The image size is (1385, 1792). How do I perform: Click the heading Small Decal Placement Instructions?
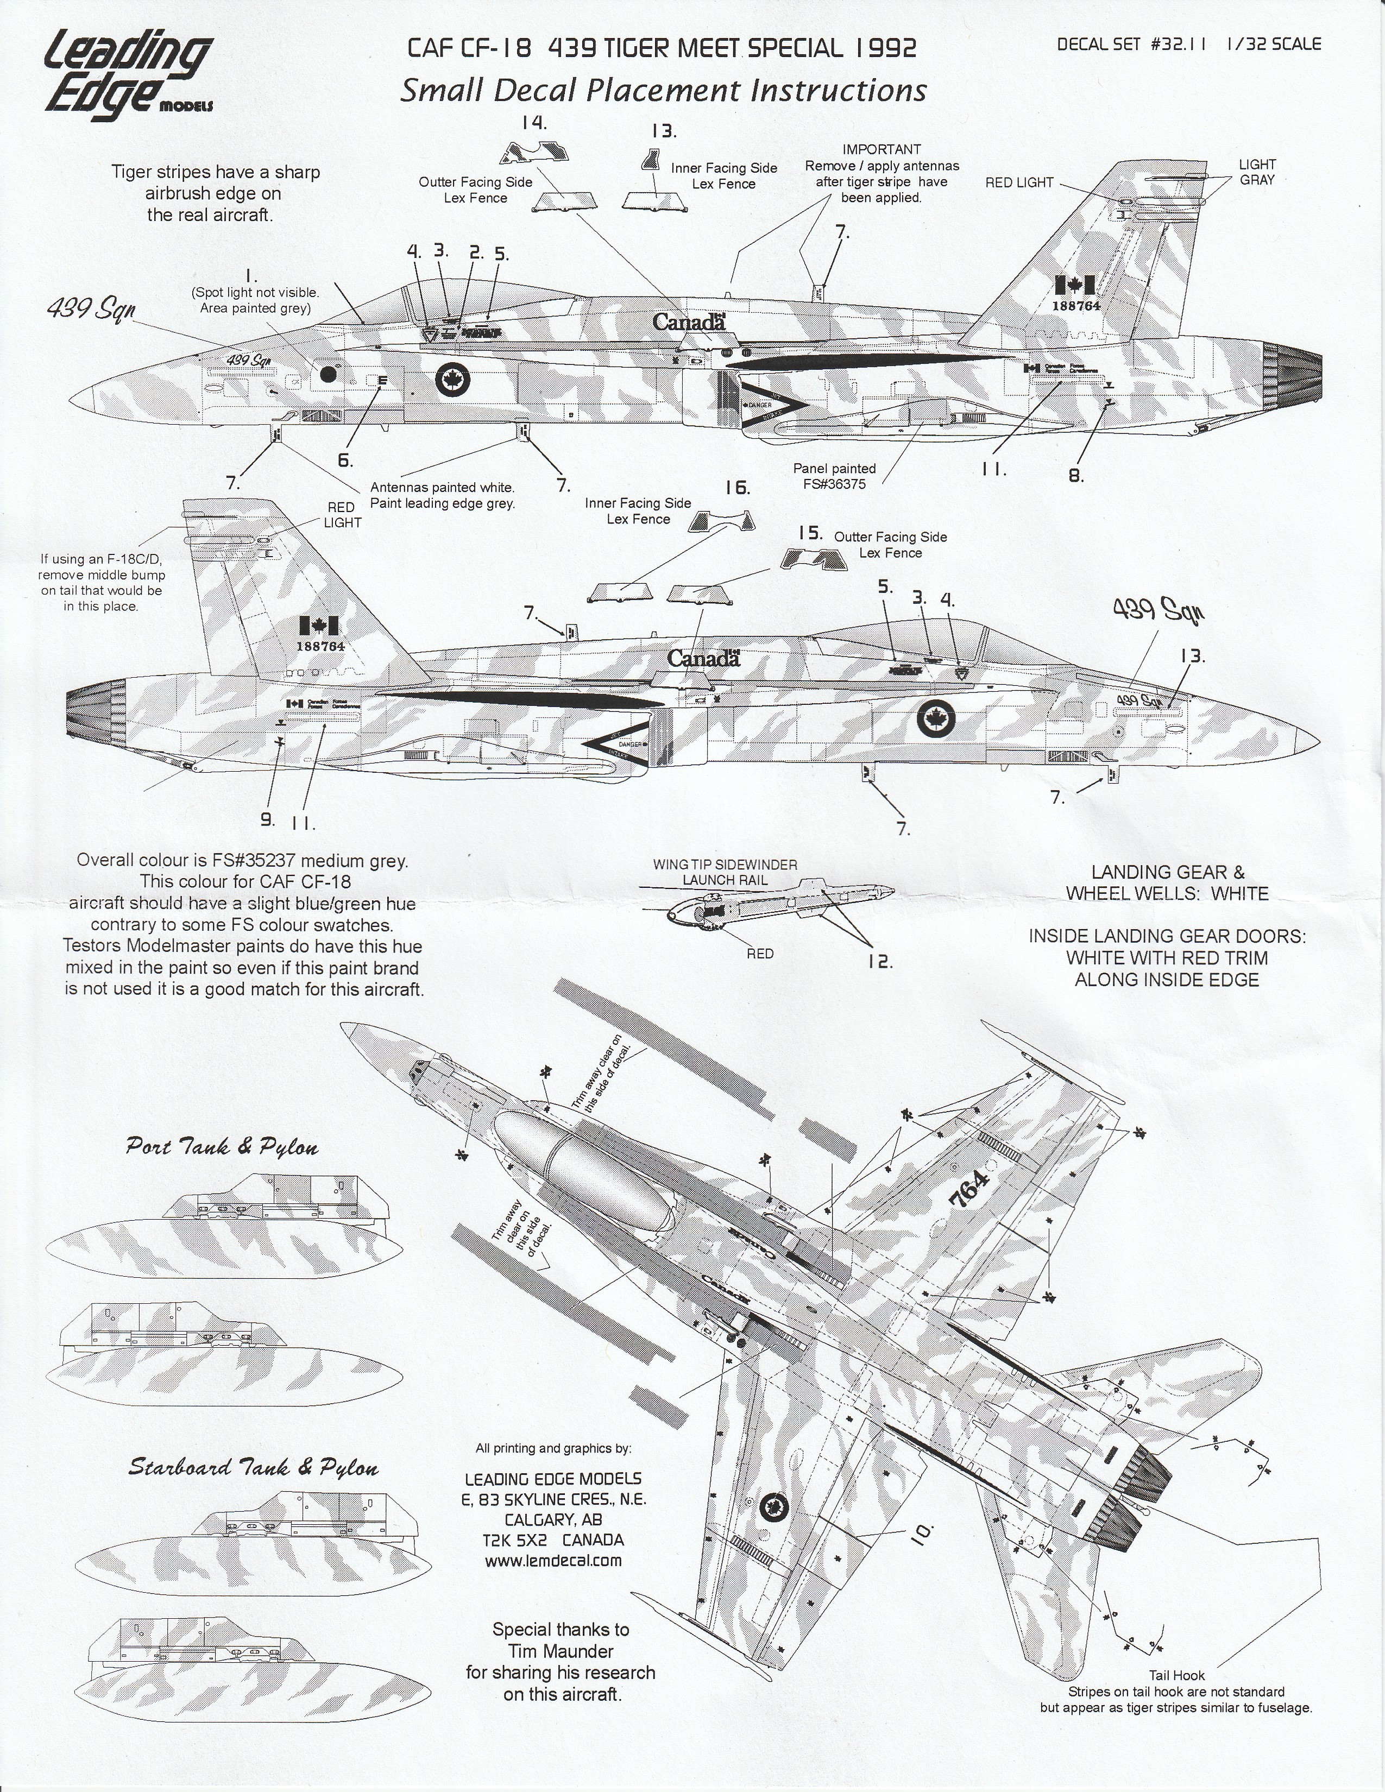(663, 90)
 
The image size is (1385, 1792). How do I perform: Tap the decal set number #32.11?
(1179, 45)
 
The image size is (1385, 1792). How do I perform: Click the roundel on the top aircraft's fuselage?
(450, 378)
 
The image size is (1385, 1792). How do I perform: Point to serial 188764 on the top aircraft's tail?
(1075, 305)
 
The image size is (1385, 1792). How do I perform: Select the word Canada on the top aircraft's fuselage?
(689, 321)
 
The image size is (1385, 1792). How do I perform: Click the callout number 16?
(737, 488)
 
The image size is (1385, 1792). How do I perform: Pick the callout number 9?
(267, 818)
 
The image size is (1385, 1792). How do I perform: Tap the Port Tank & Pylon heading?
(222, 1146)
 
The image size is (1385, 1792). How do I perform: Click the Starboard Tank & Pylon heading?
(253, 1467)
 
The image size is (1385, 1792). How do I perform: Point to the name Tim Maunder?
(561, 1650)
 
